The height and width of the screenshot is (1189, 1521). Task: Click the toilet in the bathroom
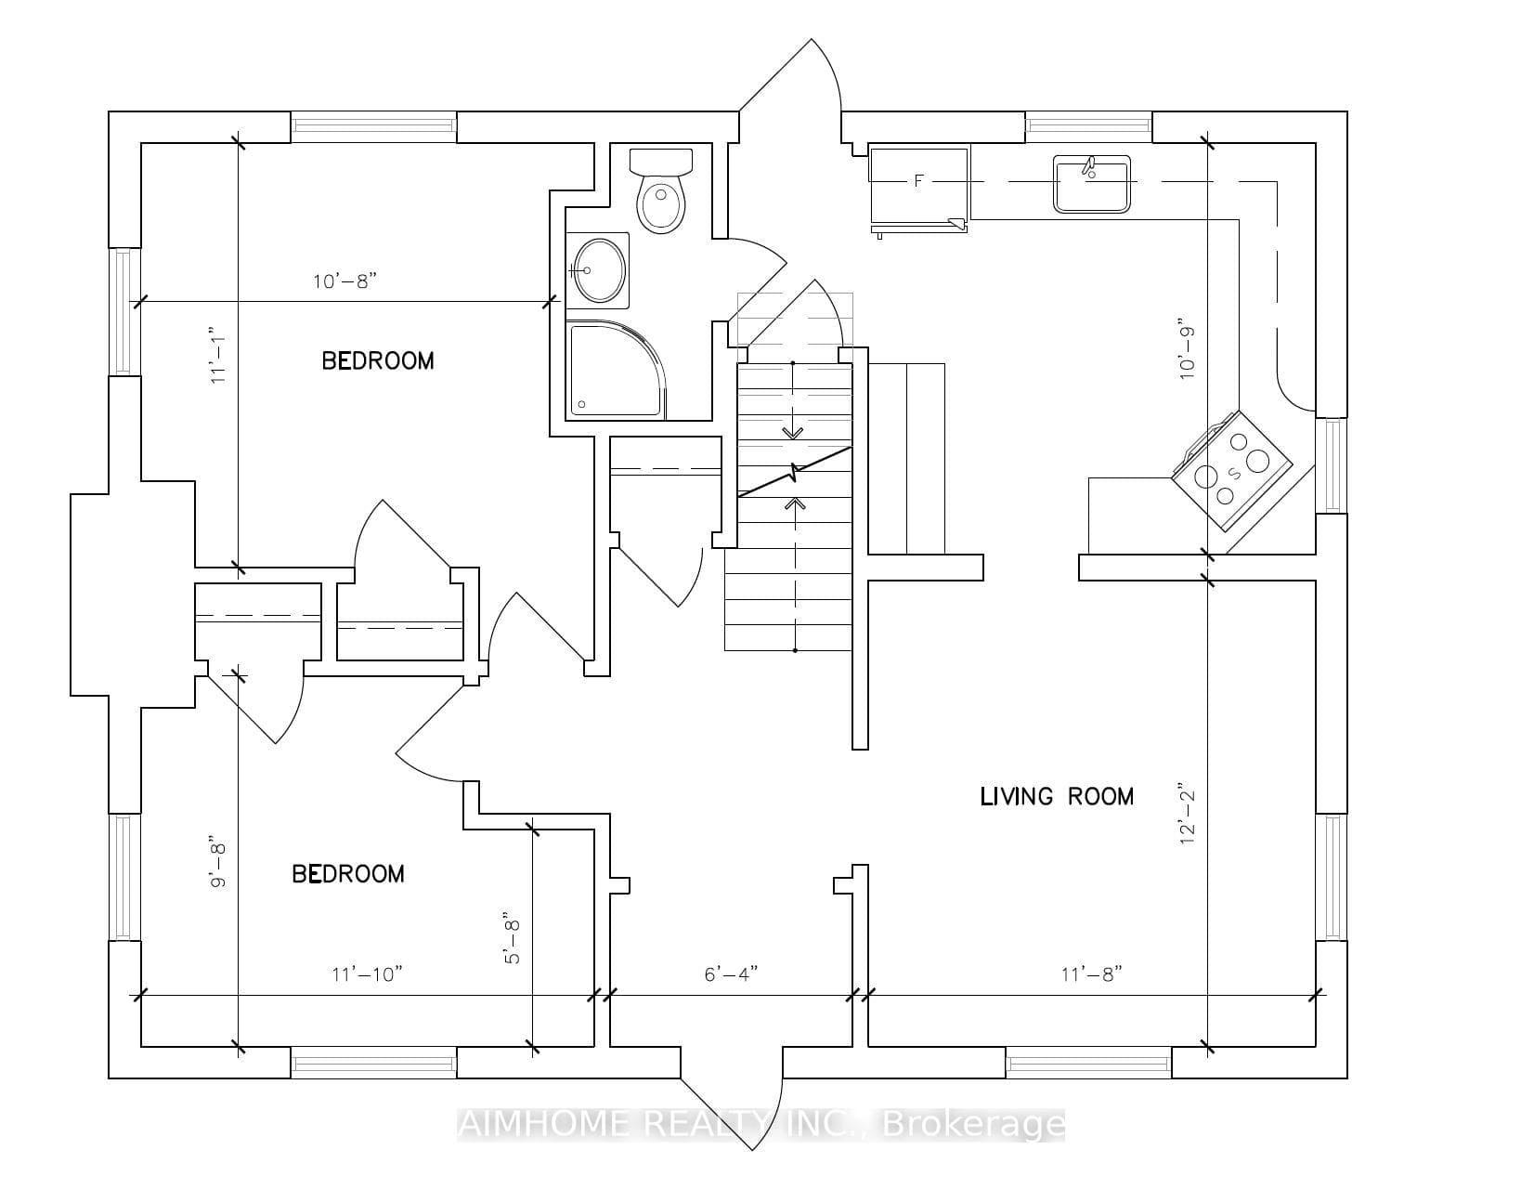(x=661, y=190)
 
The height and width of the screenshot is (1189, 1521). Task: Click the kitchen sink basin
(x=1091, y=184)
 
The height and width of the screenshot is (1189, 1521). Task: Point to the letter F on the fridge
(x=918, y=181)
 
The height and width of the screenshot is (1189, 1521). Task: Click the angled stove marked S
(x=1231, y=471)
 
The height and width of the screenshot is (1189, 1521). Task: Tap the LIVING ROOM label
(x=1056, y=796)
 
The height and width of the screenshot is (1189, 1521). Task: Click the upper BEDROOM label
(x=377, y=360)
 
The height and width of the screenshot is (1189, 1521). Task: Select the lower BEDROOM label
(x=348, y=874)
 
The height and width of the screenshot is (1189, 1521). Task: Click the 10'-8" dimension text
(x=344, y=281)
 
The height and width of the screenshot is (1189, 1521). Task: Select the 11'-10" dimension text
(x=367, y=974)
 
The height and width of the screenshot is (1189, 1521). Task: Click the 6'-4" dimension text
(x=731, y=974)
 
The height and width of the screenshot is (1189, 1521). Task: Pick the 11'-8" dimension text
(x=1091, y=974)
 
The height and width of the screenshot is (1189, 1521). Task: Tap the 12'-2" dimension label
(x=1187, y=817)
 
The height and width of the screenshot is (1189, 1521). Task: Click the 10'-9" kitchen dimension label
(x=1187, y=354)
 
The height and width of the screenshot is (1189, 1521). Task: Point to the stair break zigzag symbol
(x=795, y=472)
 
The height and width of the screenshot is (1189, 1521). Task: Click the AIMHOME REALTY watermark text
(x=760, y=1125)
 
